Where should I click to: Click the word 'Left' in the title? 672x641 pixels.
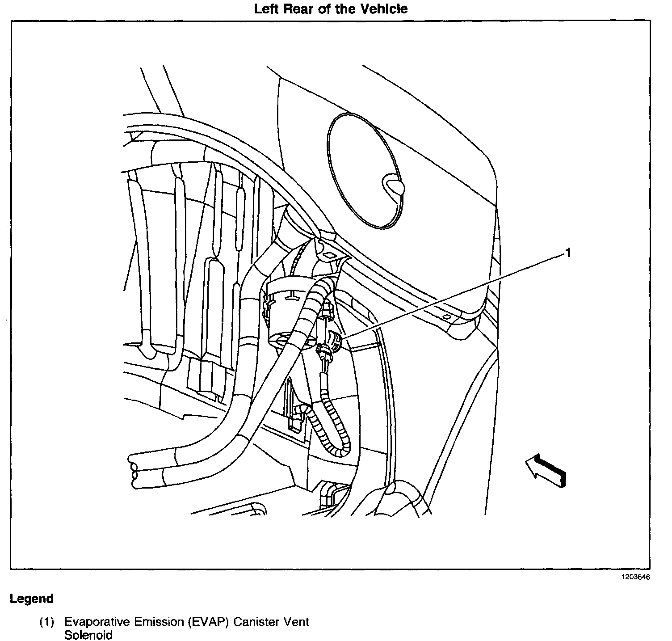click(x=267, y=9)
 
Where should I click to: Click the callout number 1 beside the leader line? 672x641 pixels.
click(x=568, y=253)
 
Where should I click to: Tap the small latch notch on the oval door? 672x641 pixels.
click(x=393, y=184)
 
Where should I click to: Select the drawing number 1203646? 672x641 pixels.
click(x=634, y=577)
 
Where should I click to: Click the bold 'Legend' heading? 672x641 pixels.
click(x=32, y=599)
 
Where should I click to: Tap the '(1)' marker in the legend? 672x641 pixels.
click(x=47, y=622)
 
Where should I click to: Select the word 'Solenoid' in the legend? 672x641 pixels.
click(x=88, y=635)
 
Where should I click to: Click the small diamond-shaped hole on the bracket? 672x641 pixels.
click(x=329, y=255)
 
